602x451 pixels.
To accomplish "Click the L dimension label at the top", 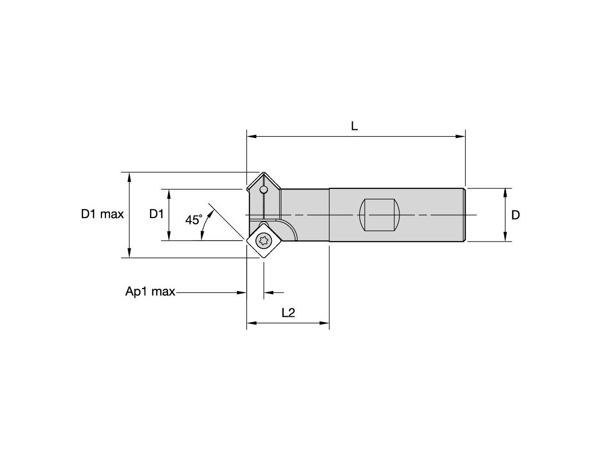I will click(354, 126).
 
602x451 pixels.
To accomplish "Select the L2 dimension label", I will click(288, 313).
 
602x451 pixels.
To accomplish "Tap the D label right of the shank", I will click(515, 215).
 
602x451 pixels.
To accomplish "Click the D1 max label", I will click(102, 214).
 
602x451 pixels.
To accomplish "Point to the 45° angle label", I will click(194, 219).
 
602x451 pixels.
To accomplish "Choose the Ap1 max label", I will click(150, 292).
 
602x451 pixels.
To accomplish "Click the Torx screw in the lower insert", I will click(262, 241).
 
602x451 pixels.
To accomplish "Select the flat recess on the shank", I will click(379, 215).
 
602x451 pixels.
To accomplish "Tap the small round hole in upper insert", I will click(263, 190).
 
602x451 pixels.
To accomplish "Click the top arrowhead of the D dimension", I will click(505, 192).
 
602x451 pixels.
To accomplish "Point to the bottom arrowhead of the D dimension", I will click(505, 238).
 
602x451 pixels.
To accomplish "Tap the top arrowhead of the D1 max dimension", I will click(130, 176).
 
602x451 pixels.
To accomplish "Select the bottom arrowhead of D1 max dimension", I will click(130, 254).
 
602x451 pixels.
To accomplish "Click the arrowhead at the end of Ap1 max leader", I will click(242, 292).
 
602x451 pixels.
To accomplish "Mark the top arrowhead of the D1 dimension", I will click(169, 193).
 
